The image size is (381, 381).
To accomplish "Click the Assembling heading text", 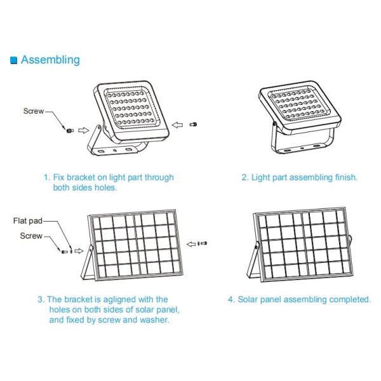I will click(x=50, y=60).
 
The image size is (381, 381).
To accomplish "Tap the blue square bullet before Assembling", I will click(x=14, y=60).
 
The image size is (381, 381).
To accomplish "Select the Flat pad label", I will click(x=27, y=222).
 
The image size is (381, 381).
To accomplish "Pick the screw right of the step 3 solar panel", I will click(x=203, y=243).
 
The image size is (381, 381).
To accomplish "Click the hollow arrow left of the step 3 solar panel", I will click(x=79, y=251).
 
